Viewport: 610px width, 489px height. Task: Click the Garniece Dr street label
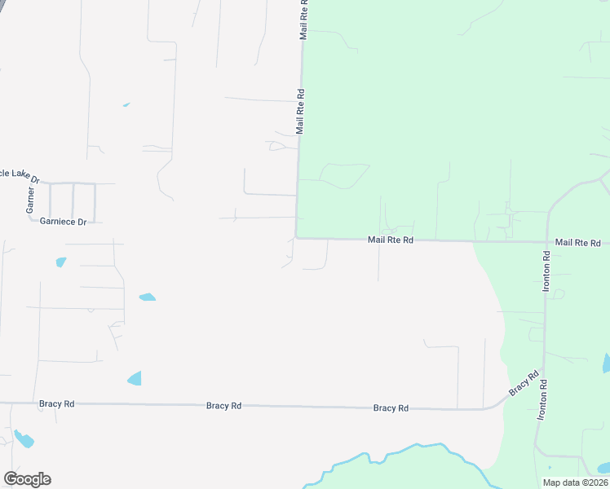coord(63,222)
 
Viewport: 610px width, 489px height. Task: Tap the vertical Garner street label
coord(30,200)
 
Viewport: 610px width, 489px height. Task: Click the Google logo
coord(27,479)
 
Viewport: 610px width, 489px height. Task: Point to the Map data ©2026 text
coord(574,482)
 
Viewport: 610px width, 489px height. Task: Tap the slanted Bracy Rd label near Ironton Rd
coord(524,384)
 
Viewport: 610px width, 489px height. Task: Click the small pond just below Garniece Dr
coord(60,262)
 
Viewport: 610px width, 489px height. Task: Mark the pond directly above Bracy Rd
coord(135,378)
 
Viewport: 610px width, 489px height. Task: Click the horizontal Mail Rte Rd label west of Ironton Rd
coord(391,240)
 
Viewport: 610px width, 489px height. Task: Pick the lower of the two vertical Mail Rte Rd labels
coord(300,111)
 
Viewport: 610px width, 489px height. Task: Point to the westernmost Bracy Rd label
coord(56,403)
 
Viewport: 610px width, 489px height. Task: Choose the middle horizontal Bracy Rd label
coord(223,405)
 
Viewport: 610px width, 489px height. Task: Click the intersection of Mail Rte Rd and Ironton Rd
coord(546,242)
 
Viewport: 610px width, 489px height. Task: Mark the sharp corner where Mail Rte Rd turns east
coord(295,238)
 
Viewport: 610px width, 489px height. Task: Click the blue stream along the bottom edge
coord(391,456)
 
